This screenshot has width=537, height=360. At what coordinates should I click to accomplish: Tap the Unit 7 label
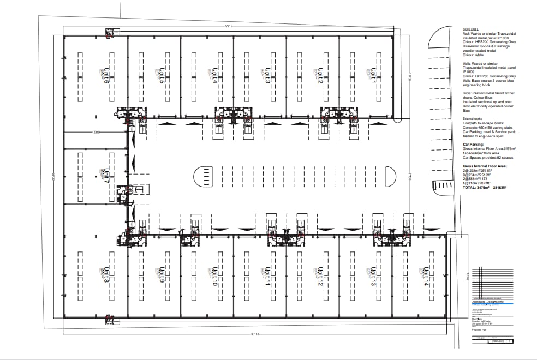pos(106,176)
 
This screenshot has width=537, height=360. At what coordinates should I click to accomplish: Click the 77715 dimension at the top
pos(229,26)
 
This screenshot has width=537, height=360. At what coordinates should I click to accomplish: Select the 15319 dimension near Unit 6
pos(96,132)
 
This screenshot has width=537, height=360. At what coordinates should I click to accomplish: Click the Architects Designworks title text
pos(488,301)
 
